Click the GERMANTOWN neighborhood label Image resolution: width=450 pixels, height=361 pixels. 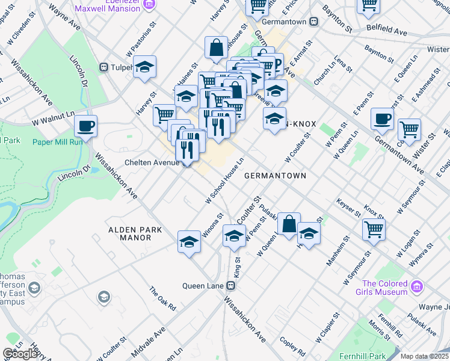(275, 176)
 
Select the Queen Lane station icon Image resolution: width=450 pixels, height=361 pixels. (230, 286)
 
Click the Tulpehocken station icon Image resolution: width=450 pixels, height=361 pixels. (103, 67)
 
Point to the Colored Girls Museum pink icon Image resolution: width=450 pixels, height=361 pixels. (416, 288)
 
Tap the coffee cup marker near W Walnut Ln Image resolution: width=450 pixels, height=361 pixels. (85, 126)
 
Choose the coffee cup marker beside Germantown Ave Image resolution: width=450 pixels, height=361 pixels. (381, 119)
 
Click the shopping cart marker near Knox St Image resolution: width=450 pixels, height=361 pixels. (374, 229)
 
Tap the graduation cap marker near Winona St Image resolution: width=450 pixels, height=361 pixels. (189, 242)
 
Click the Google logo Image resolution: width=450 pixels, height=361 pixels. (19, 354)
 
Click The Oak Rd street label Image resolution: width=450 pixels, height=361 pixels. (163, 298)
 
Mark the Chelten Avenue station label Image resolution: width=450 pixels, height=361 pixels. (149, 162)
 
